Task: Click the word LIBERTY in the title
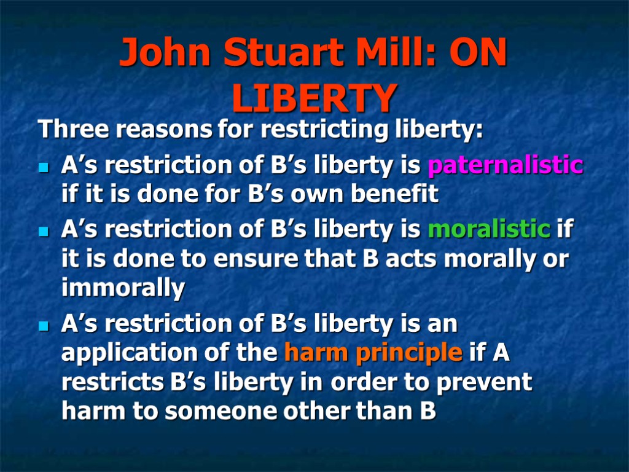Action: pyautogui.click(x=314, y=98)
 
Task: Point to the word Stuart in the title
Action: pyautogui.click(x=284, y=54)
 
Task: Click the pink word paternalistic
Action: pyautogui.click(x=505, y=165)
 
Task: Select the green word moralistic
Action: pyautogui.click(x=489, y=229)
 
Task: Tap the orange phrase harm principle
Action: pyautogui.click(x=373, y=353)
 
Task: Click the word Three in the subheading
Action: pyautogui.click(x=74, y=130)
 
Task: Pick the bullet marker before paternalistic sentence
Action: pyautogui.click(x=43, y=167)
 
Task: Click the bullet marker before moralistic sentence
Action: pyautogui.click(x=43, y=232)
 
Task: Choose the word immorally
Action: pyautogui.click(x=123, y=288)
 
